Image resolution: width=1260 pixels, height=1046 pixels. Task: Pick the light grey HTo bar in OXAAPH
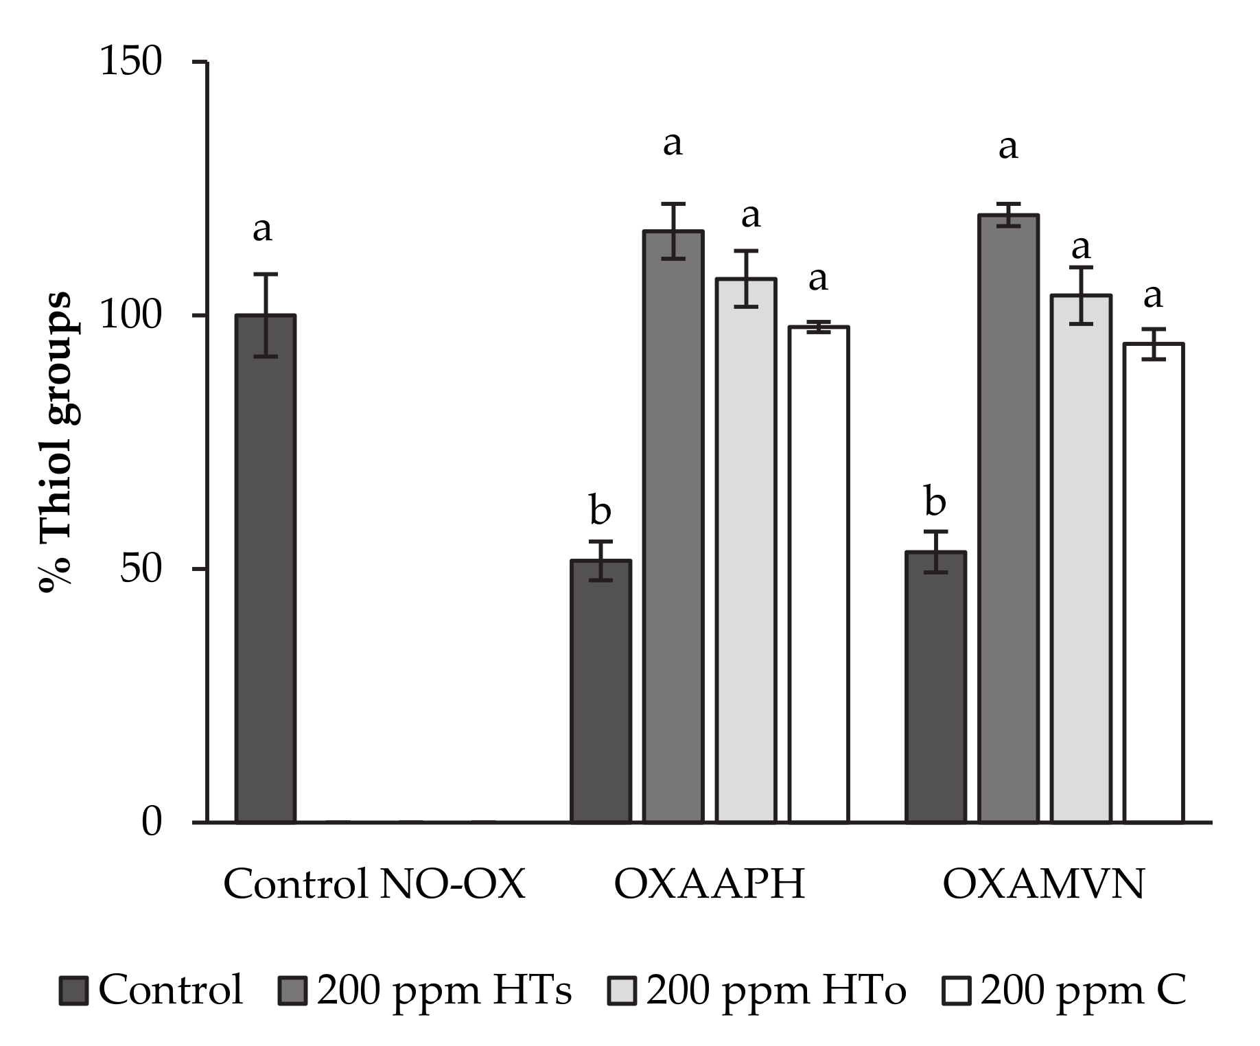pos(746,549)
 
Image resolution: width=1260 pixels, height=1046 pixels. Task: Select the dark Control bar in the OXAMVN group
pos(935,686)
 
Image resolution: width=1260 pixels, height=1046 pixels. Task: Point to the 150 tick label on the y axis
pos(131,62)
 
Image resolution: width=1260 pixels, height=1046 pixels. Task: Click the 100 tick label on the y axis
pos(131,316)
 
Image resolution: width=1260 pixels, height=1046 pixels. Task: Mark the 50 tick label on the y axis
pos(141,569)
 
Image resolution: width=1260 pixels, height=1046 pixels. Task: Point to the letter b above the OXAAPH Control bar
pos(600,511)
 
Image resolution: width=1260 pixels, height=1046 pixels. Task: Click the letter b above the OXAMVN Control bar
pos(935,502)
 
